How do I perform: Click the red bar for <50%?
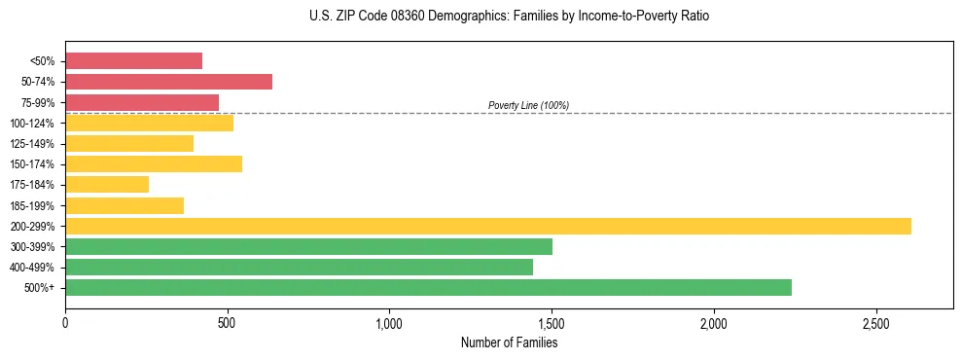click(133, 61)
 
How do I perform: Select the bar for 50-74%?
click(168, 82)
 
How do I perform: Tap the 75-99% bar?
click(142, 102)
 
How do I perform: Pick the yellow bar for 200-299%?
click(487, 226)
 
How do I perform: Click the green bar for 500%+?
click(428, 287)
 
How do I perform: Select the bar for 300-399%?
click(308, 246)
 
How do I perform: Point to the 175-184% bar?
click(107, 184)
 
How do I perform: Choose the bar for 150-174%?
click(154, 163)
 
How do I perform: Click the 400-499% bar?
click(299, 267)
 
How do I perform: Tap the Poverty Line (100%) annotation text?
click(528, 105)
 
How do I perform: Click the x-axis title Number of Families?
click(509, 342)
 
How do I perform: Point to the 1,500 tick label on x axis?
click(552, 323)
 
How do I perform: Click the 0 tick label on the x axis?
click(65, 323)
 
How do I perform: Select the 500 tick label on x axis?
click(227, 323)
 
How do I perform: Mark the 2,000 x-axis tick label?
click(714, 323)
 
